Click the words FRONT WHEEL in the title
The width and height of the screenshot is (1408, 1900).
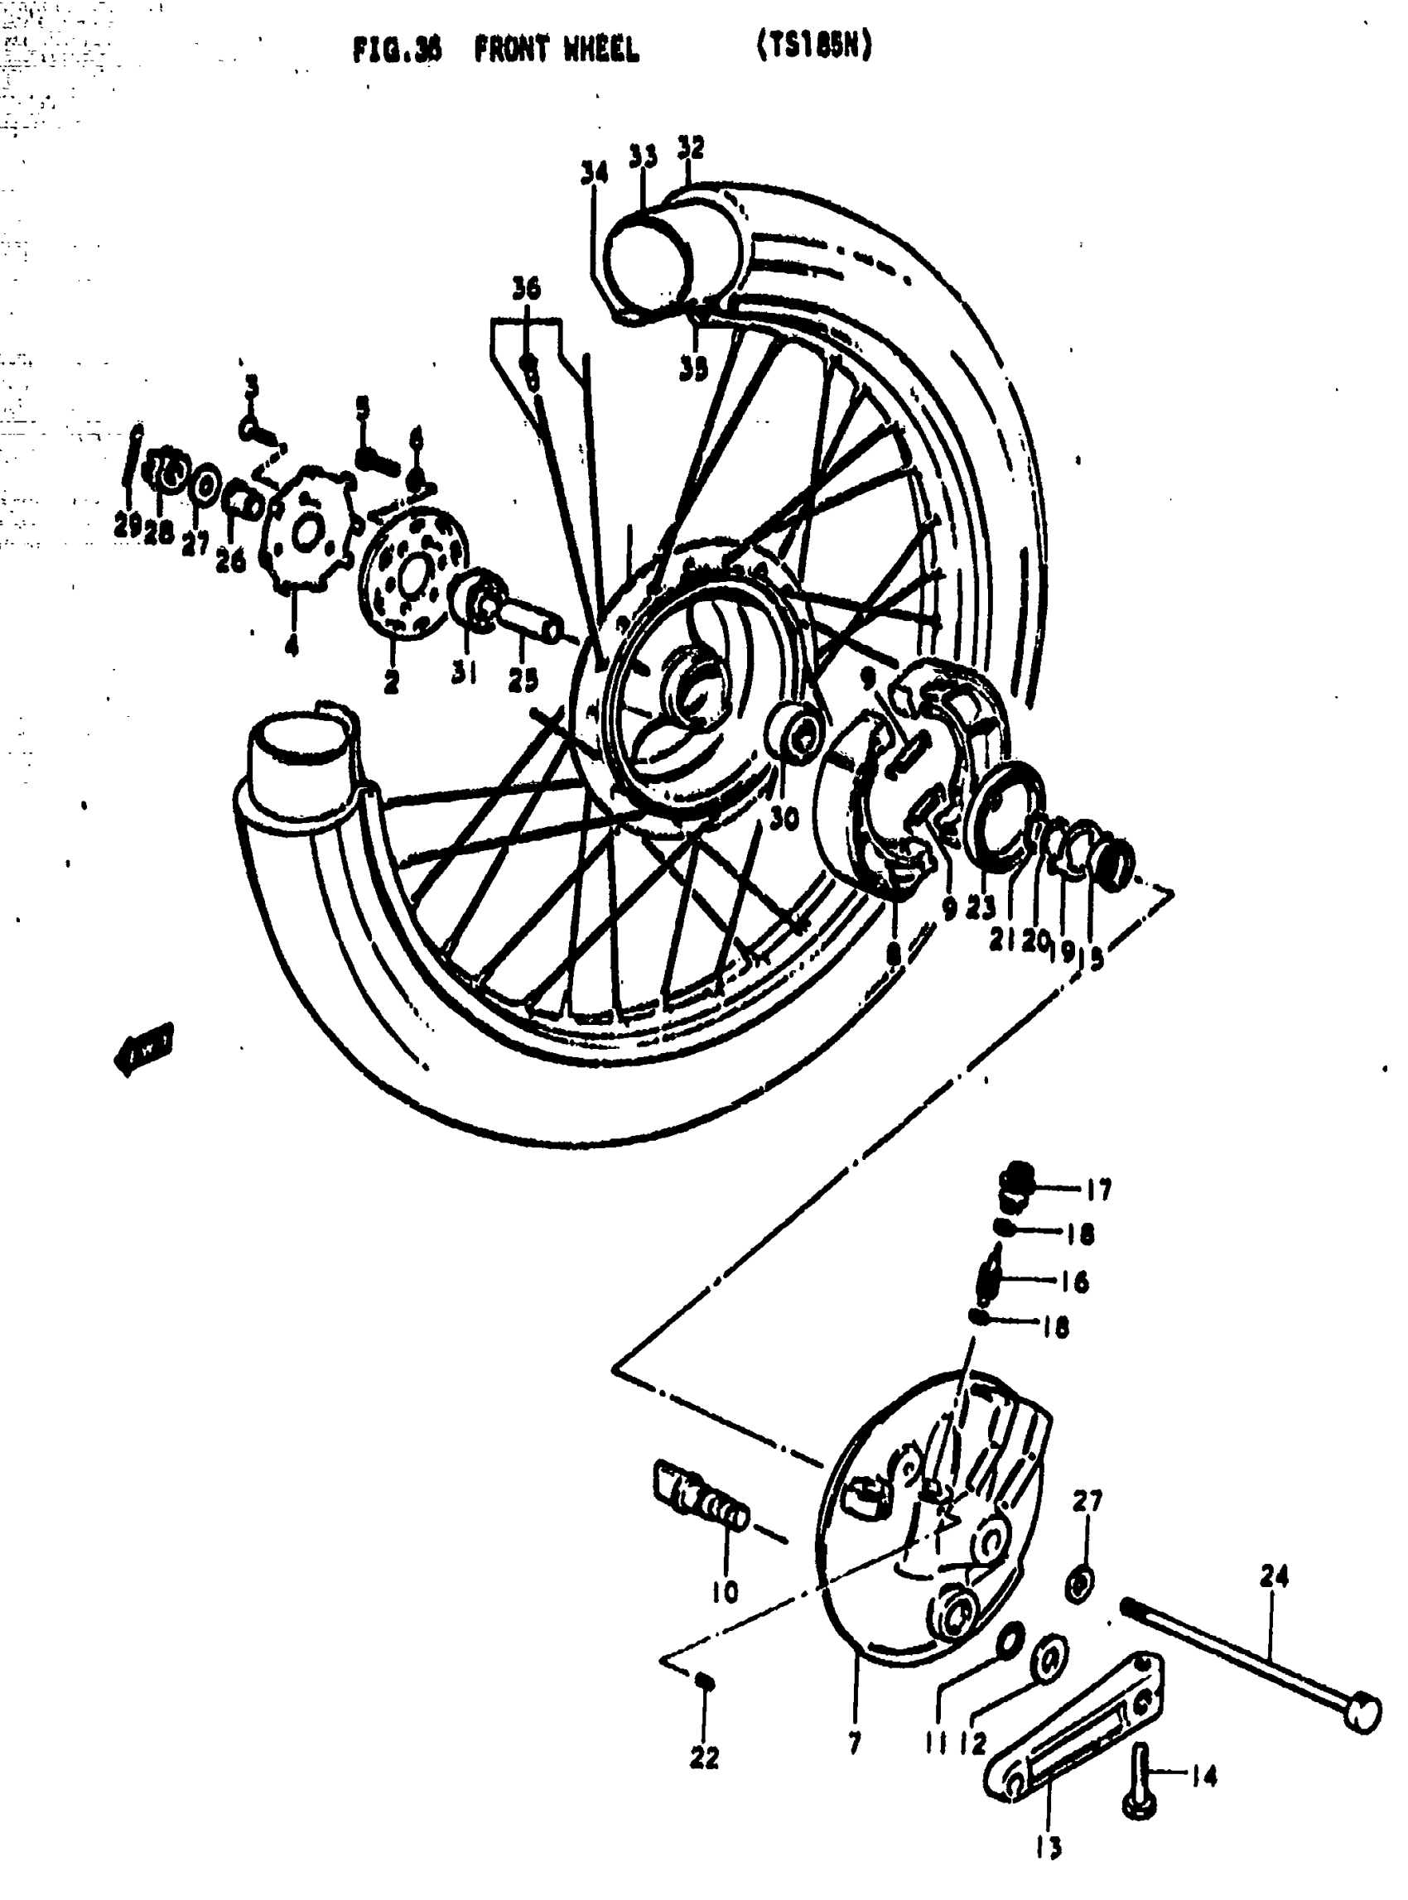pos(556,51)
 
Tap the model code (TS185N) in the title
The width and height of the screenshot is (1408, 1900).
pos(814,48)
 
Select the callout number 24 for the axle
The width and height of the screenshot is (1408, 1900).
pos(1273,1577)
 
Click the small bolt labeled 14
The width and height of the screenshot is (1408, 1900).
pos(1140,1780)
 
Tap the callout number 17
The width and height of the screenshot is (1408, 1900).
pos(1098,1190)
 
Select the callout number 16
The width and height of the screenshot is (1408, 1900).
pos(1076,1282)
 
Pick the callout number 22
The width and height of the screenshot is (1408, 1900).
pos(704,1758)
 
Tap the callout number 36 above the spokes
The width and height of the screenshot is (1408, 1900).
pos(526,288)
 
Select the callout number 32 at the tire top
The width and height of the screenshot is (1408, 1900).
pos(692,147)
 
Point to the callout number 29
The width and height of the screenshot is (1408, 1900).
pos(127,526)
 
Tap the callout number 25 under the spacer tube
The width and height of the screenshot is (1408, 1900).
pos(523,678)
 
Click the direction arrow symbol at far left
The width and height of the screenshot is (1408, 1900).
pos(143,1047)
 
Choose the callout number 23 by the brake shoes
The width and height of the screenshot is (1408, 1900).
pos(980,907)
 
